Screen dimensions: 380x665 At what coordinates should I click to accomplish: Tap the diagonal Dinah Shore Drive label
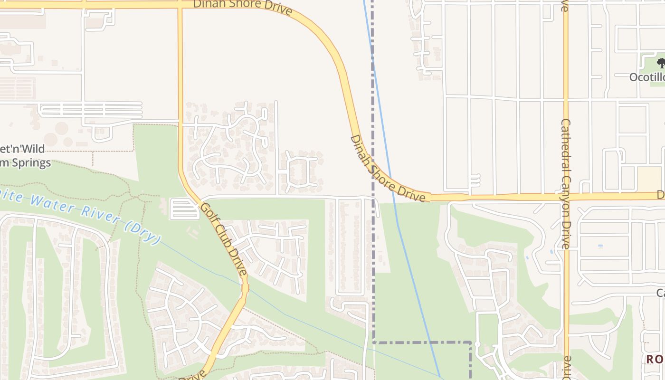click(x=387, y=169)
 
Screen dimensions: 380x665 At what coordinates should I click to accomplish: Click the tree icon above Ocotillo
click(x=661, y=63)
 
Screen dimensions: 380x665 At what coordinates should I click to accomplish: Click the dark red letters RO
click(x=655, y=359)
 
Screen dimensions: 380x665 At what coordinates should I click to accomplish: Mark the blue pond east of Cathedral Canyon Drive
click(x=600, y=246)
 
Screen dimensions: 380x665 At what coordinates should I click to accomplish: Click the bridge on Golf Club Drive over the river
click(x=245, y=288)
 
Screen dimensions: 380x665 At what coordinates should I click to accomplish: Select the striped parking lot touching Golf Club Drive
click(x=184, y=209)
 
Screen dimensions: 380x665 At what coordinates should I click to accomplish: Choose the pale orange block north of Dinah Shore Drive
click(x=649, y=178)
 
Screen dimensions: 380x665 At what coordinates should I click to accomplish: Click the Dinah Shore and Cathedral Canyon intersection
click(x=565, y=196)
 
